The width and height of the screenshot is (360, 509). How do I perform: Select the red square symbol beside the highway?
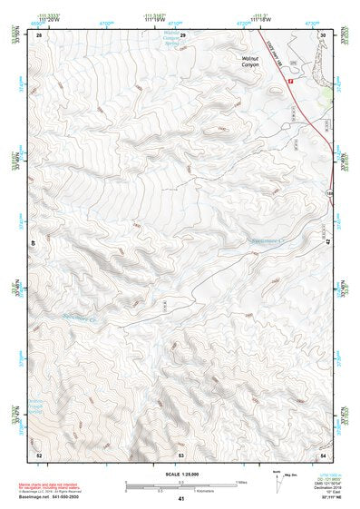click(290, 81)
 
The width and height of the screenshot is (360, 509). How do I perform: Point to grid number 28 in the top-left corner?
click(39, 34)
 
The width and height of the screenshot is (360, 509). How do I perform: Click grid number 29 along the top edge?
click(182, 34)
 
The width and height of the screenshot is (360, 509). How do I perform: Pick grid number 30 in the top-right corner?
click(323, 34)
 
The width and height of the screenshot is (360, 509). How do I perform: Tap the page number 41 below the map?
click(181, 498)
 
